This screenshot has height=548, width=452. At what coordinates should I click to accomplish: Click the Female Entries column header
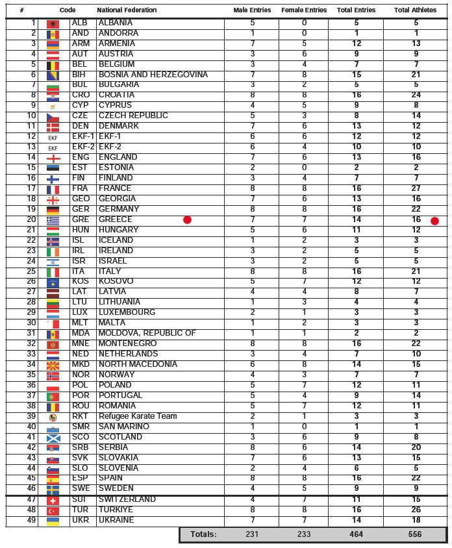tap(303, 10)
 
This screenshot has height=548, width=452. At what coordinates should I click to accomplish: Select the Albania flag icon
tap(53, 23)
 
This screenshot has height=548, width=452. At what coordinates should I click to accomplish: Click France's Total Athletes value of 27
tap(416, 188)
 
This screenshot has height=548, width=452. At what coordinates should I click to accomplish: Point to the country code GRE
tap(81, 219)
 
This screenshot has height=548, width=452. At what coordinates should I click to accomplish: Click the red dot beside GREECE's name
tap(187, 220)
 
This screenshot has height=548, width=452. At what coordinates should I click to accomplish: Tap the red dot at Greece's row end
tap(434, 221)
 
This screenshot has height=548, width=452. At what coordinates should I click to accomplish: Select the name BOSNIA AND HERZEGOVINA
tap(153, 75)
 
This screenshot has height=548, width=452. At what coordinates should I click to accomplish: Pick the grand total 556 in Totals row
tap(416, 534)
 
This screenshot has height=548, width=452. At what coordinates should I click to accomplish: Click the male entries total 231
tap(252, 534)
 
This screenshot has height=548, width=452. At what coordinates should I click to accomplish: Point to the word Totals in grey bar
tap(203, 534)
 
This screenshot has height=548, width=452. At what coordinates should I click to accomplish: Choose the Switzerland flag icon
tap(53, 500)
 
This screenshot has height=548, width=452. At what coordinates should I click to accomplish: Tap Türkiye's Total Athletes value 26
tap(416, 510)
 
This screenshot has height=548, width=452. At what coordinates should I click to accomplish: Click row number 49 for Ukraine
tap(31, 520)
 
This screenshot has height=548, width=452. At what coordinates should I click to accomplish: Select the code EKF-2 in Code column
tap(82, 147)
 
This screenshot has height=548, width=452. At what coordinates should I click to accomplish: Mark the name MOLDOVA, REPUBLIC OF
tap(147, 333)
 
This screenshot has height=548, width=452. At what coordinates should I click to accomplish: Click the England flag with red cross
tap(53, 158)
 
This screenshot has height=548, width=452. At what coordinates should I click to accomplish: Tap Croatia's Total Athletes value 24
tap(416, 95)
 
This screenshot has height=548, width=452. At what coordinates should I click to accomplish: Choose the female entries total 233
tap(303, 534)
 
